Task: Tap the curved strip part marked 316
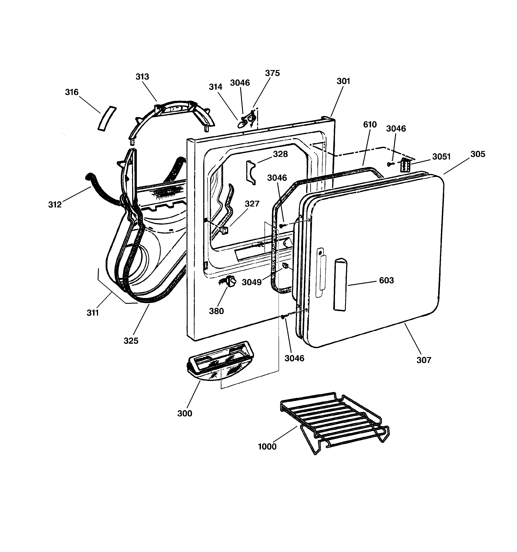[x=107, y=118]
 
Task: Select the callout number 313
[x=142, y=77]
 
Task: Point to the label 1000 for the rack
[x=267, y=447]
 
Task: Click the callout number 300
[x=185, y=413]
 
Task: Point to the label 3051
[x=441, y=157]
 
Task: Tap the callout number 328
[x=280, y=154]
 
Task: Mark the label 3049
[x=252, y=282]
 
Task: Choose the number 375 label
[x=272, y=73]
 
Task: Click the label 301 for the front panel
[x=343, y=81]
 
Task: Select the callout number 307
[x=424, y=360]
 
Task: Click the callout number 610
[x=370, y=125]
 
